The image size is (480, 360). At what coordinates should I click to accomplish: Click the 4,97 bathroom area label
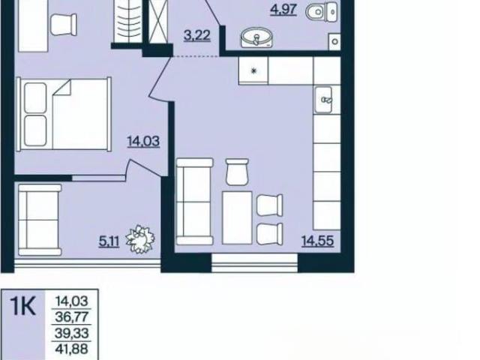tap(283, 10)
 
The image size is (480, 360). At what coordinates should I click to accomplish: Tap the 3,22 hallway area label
tap(197, 35)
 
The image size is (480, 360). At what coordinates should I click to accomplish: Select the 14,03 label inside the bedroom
tap(143, 142)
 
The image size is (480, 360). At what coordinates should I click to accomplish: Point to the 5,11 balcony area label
tap(109, 241)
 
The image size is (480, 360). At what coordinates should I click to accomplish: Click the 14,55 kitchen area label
tap(318, 241)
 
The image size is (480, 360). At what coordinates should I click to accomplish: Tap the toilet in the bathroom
tap(322, 10)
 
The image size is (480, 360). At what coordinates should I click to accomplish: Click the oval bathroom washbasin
tap(256, 37)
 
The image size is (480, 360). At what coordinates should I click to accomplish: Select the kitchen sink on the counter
tap(324, 100)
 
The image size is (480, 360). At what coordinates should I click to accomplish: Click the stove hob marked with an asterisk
tap(253, 70)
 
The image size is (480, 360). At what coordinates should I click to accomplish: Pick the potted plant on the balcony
tap(140, 239)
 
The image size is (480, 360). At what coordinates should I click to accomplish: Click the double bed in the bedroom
tap(64, 114)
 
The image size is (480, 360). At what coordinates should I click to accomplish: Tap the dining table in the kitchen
tap(237, 217)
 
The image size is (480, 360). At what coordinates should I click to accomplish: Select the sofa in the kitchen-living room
tap(195, 202)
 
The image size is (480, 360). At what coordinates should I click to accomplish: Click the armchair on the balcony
tap(40, 220)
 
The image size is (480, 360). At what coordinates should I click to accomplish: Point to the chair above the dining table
tap(237, 172)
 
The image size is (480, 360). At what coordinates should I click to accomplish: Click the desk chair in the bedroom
tap(64, 25)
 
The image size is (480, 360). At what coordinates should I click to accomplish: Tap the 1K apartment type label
tap(23, 306)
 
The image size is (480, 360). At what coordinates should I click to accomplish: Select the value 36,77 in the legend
tap(72, 316)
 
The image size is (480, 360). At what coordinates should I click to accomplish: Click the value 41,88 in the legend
tap(72, 349)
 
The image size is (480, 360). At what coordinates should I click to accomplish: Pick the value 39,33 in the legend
tap(72, 333)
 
